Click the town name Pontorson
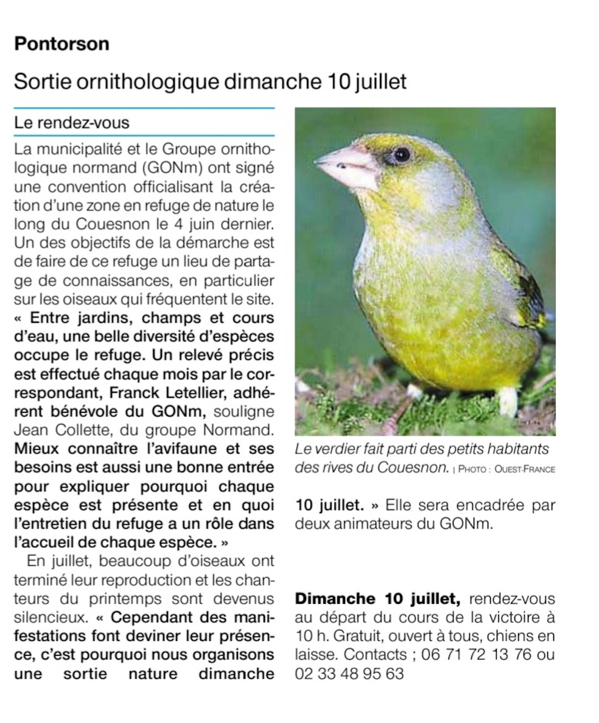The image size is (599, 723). click(61, 44)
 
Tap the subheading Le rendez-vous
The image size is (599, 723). click(72, 123)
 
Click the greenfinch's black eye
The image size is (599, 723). click(401, 154)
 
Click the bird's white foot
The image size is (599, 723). click(507, 401)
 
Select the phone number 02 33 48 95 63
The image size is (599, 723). click(349, 674)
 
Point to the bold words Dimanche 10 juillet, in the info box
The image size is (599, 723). click(377, 599)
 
